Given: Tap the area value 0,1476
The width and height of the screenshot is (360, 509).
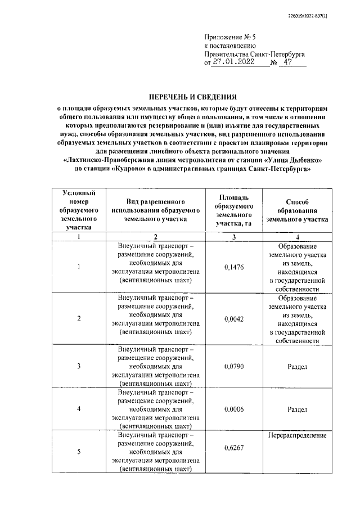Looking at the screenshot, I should tap(233, 267).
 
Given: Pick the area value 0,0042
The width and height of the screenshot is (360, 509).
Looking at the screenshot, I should tap(233, 319).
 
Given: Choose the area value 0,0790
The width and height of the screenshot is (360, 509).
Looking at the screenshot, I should tap(233, 366).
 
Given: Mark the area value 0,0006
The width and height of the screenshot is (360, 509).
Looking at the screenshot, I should tap(233, 409).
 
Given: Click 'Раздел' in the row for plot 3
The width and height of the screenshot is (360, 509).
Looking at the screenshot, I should tap(296, 366).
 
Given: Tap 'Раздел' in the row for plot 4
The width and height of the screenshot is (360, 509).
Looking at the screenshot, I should tap(296, 409).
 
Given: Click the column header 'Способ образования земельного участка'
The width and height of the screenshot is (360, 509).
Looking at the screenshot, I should tap(296, 211).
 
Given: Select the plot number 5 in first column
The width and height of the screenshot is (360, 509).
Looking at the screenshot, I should tap(79, 451).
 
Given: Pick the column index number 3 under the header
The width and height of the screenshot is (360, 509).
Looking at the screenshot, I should tap(233, 237).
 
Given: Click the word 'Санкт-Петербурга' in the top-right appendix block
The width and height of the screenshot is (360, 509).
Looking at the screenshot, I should tap(277, 54).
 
